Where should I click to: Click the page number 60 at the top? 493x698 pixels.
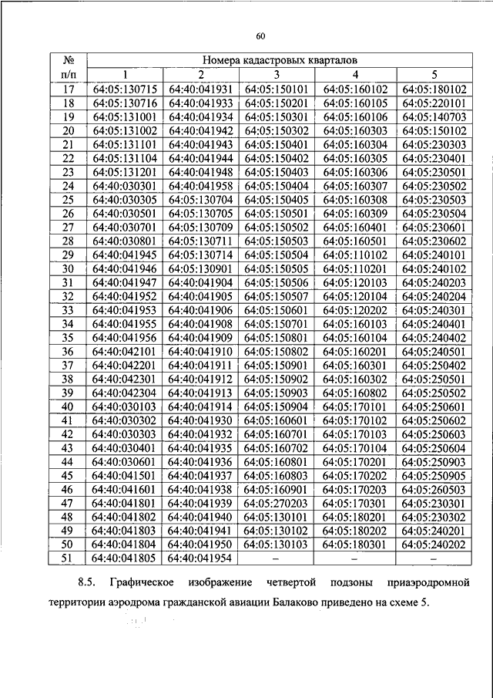(260, 35)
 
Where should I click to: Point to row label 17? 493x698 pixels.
(67, 89)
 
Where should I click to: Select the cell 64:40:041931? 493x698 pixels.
(200, 89)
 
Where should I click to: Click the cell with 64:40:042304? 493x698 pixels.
(124, 392)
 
